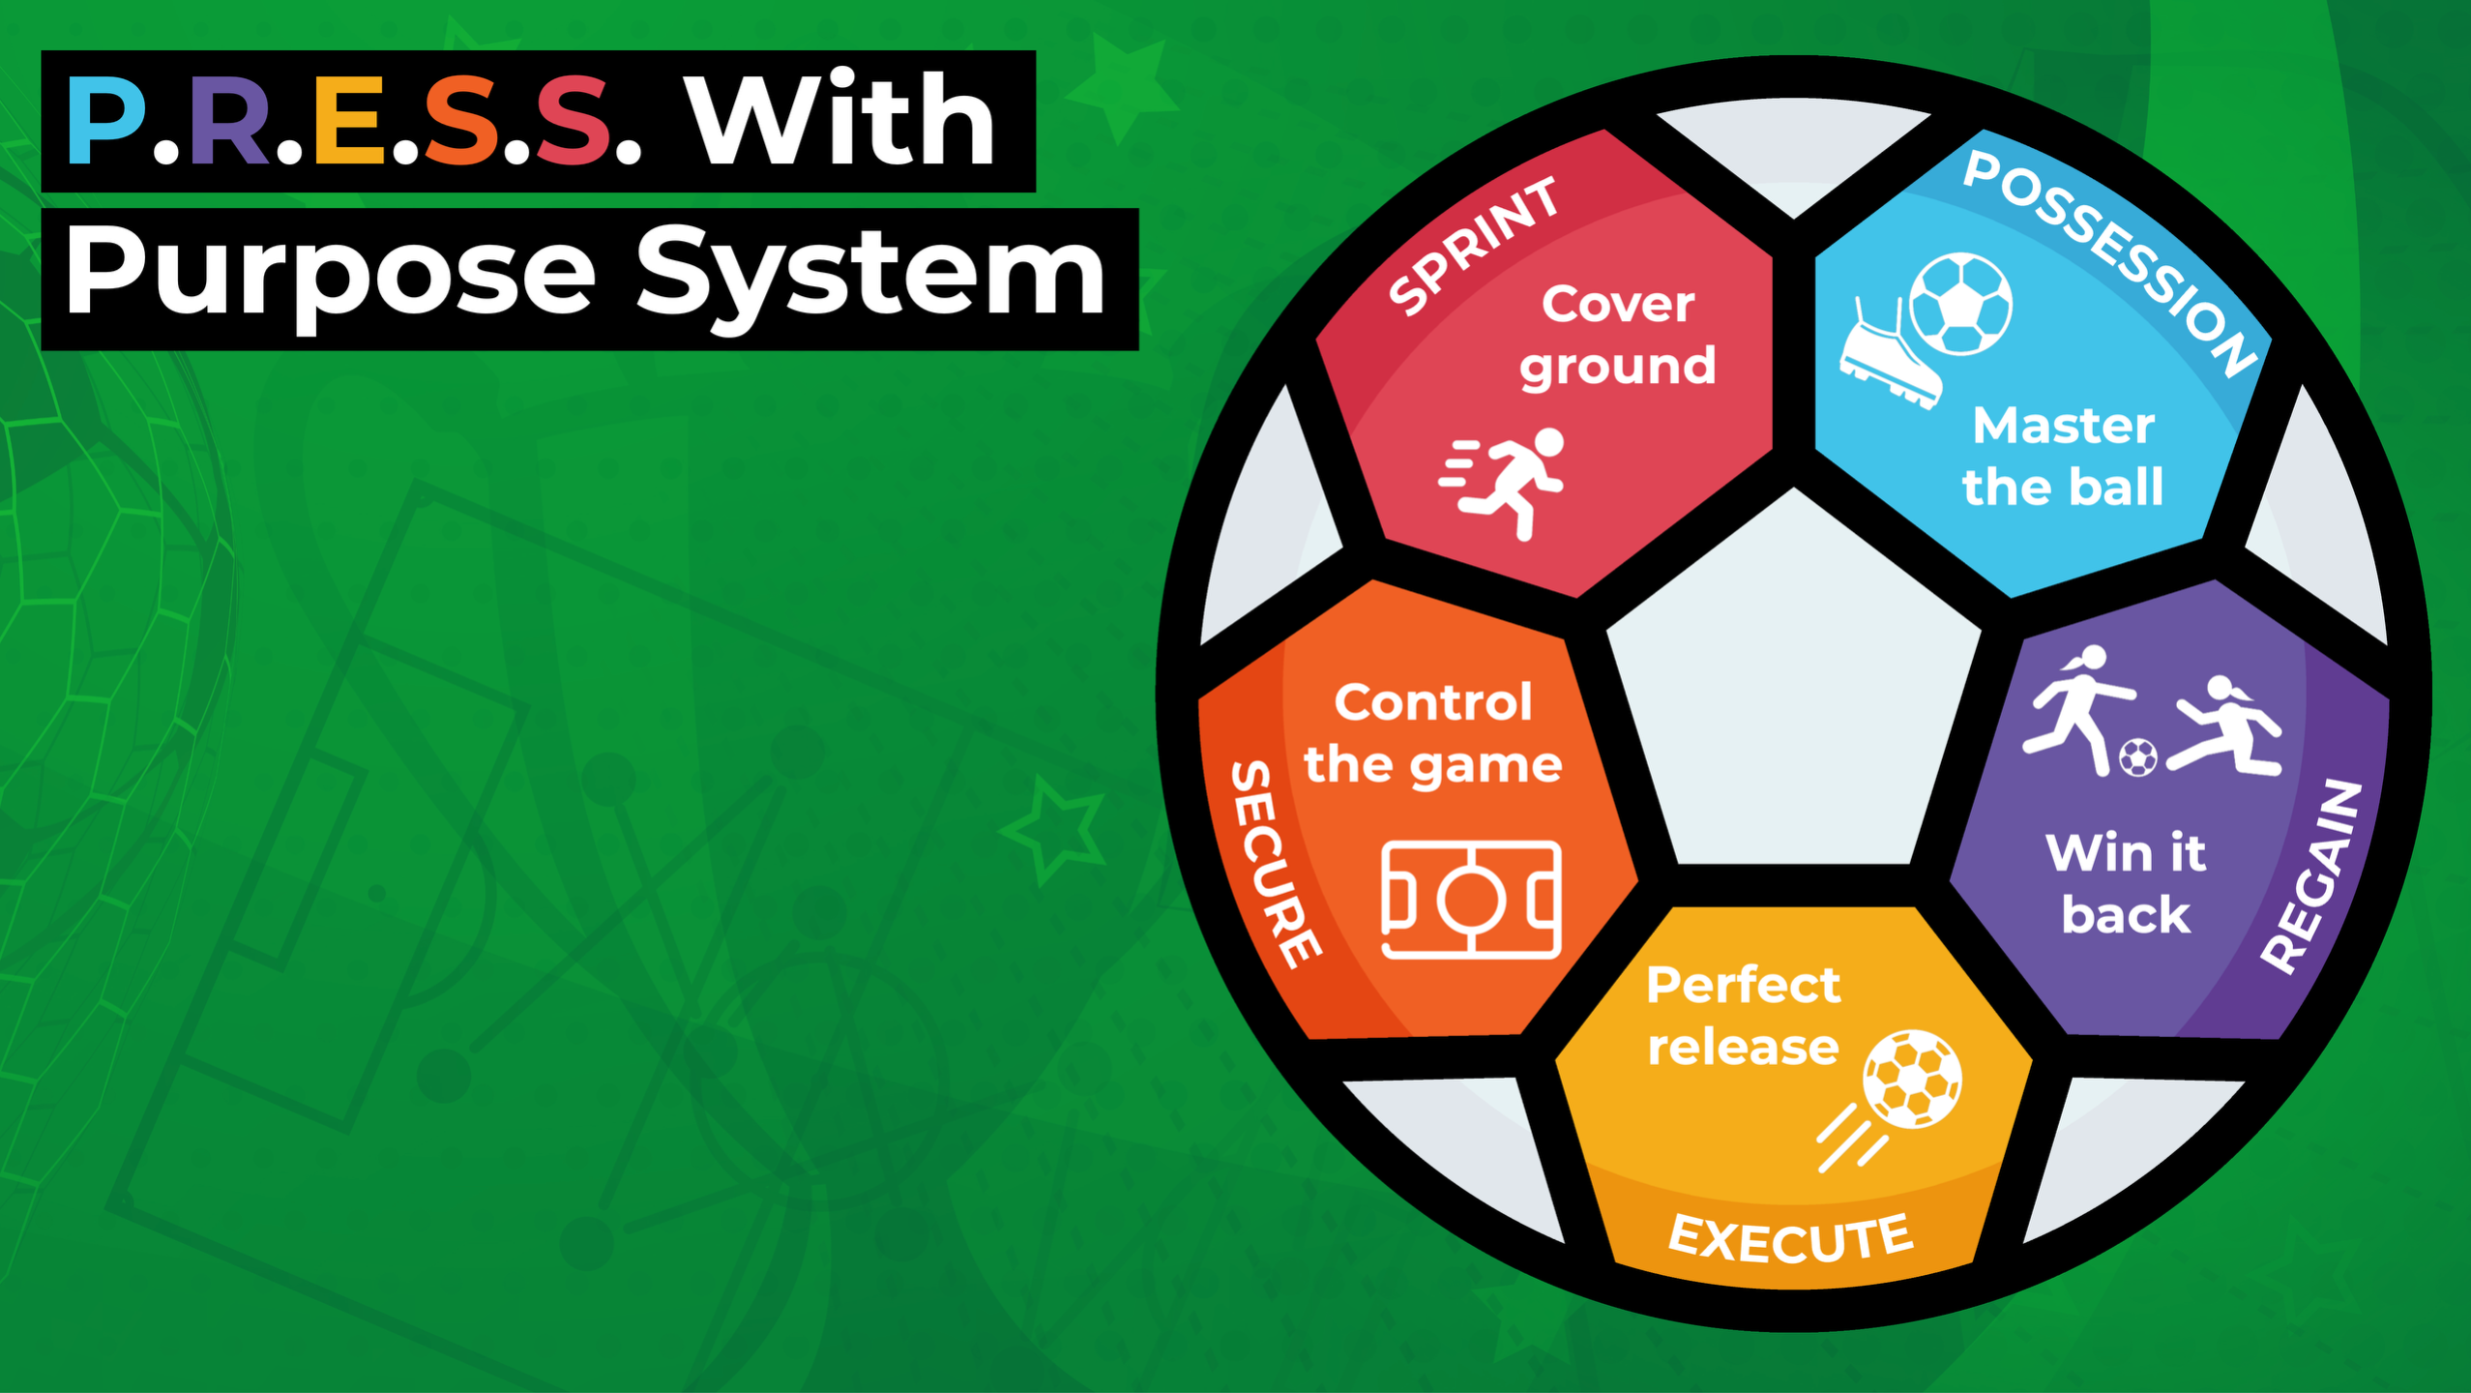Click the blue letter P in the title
point(106,120)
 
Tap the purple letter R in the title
point(230,120)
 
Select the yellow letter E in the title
point(350,120)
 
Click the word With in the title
point(840,118)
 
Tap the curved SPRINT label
point(1473,246)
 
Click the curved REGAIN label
point(2312,875)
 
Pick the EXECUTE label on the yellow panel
point(1790,1237)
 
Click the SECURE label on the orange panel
point(1275,863)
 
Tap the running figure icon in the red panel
point(1503,483)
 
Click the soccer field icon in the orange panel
point(1471,900)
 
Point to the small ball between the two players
point(2137,757)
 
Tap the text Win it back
point(2126,883)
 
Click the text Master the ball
point(2063,456)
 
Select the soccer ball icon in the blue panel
point(1961,304)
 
